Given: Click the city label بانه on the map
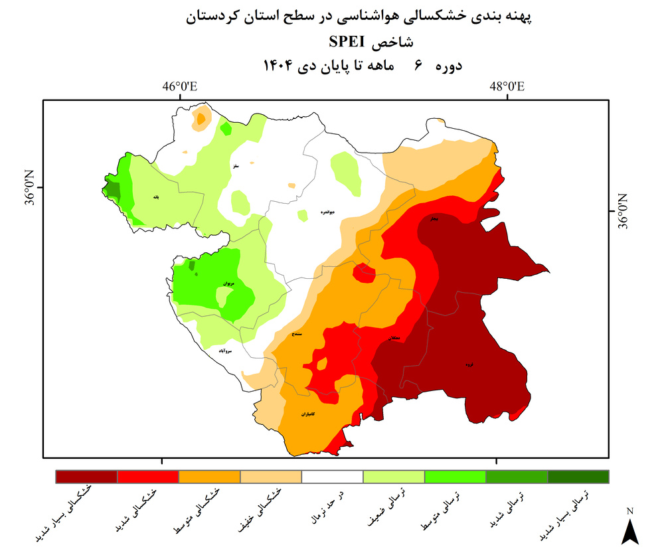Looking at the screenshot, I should point(156,197).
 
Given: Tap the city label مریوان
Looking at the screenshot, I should point(228,283).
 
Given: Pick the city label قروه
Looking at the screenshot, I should point(469,364).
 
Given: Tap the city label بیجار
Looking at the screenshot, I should point(434,218).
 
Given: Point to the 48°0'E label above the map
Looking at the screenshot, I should point(507,86).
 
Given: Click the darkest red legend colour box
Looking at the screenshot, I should point(86,477).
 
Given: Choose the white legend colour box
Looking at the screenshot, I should point(332,477).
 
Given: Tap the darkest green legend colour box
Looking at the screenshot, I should point(578,477).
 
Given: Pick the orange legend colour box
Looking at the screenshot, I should point(209,477).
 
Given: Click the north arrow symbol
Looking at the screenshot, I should point(629,530).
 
